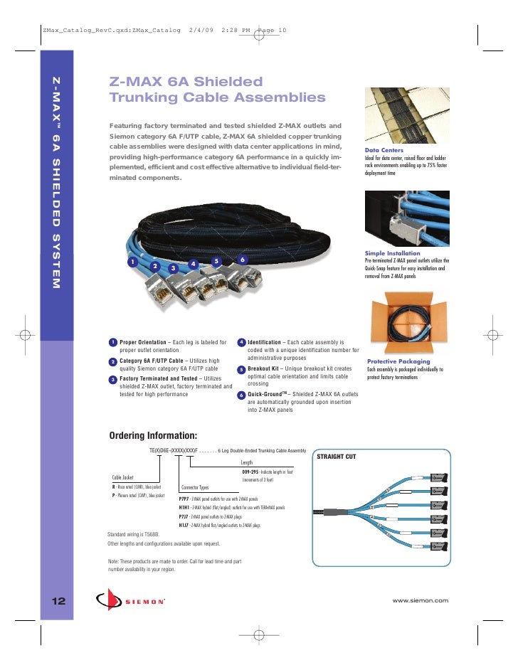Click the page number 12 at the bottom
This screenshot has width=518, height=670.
point(58,601)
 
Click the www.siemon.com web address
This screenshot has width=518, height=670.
point(421,601)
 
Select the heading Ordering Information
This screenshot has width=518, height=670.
point(152,436)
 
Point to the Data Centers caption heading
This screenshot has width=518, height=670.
point(385,151)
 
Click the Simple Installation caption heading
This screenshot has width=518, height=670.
point(392,252)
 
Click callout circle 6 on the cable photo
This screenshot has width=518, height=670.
point(242,259)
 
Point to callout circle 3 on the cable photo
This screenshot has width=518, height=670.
point(173,268)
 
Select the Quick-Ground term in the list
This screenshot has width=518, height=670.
point(267,394)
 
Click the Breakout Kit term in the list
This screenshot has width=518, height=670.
point(263,368)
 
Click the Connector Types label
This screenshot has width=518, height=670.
point(195,487)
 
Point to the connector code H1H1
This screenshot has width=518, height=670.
point(184,508)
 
